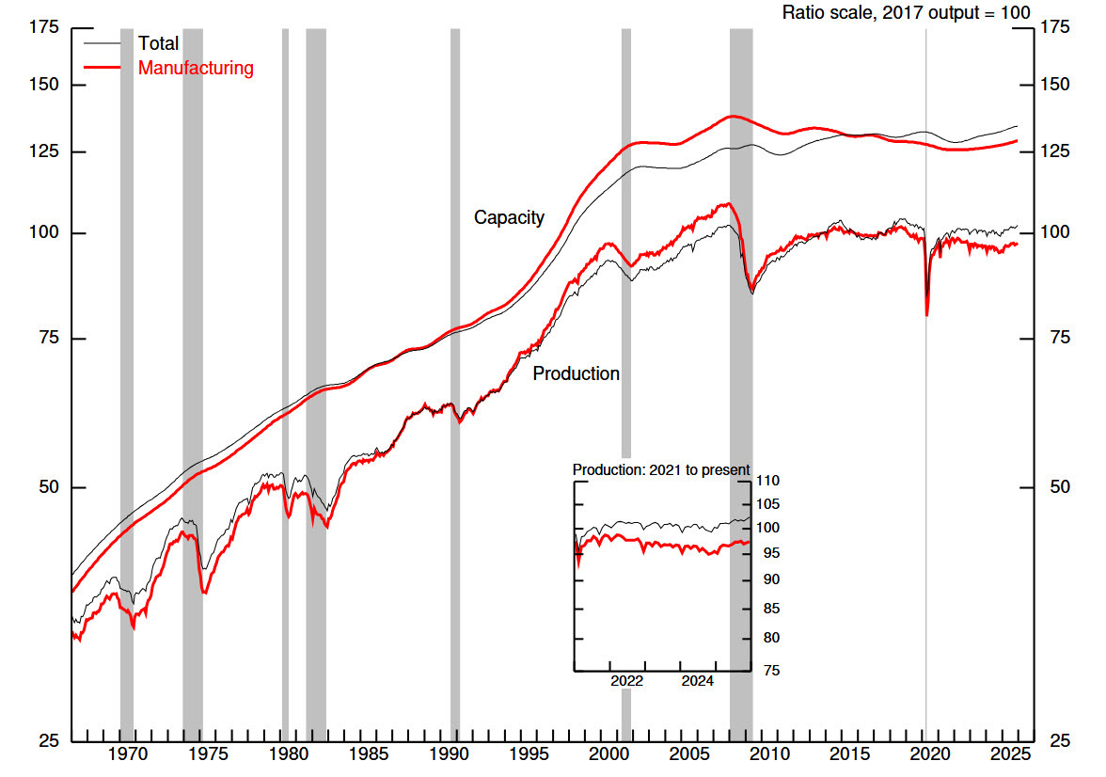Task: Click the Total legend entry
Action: pos(158,43)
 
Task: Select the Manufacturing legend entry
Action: pos(196,68)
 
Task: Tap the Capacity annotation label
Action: pos(509,217)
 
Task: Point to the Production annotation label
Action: pos(577,373)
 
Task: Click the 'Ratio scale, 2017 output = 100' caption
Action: pos(907,12)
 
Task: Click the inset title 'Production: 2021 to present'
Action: pos(661,469)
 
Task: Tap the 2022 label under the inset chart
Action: pos(626,681)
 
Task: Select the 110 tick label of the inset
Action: pos(767,482)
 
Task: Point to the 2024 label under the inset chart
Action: pos(697,681)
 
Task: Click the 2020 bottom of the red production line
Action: pos(927,315)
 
